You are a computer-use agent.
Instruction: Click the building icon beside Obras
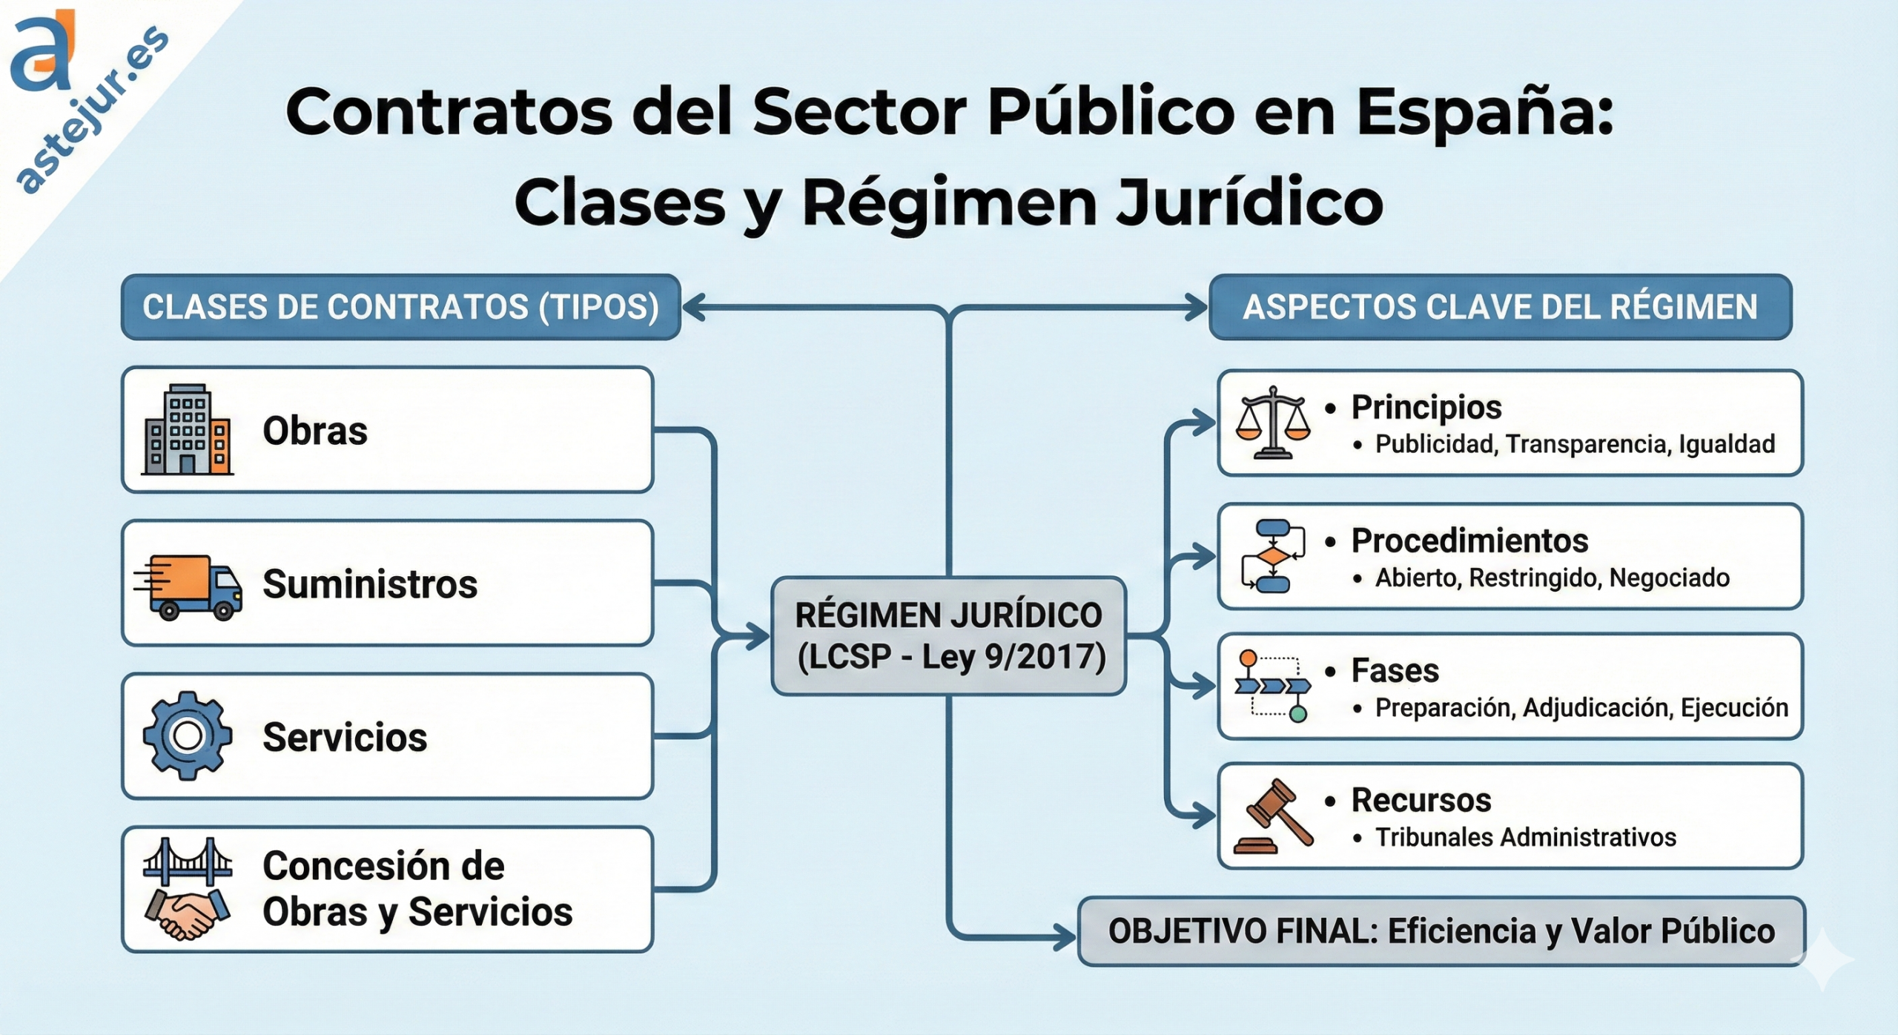pyautogui.click(x=187, y=429)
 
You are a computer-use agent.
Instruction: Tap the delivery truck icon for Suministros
pyautogui.click(x=190, y=586)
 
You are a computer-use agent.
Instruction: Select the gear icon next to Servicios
pyautogui.click(x=187, y=736)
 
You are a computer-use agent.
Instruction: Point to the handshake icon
pyautogui.click(x=187, y=915)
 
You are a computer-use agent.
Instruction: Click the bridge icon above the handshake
pyautogui.click(x=187, y=862)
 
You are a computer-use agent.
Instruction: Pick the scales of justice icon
pyautogui.click(x=1272, y=423)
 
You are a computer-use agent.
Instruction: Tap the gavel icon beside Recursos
pyautogui.click(x=1272, y=816)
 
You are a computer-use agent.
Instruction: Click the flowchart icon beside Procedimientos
pyautogui.click(x=1272, y=556)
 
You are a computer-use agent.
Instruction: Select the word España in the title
pyautogui.click(x=1484, y=113)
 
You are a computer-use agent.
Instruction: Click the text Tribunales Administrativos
pyautogui.click(x=1525, y=837)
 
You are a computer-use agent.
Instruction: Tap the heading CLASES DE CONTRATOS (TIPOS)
pyautogui.click(x=400, y=307)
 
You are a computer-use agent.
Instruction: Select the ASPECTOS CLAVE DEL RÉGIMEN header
pyautogui.click(x=1500, y=307)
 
